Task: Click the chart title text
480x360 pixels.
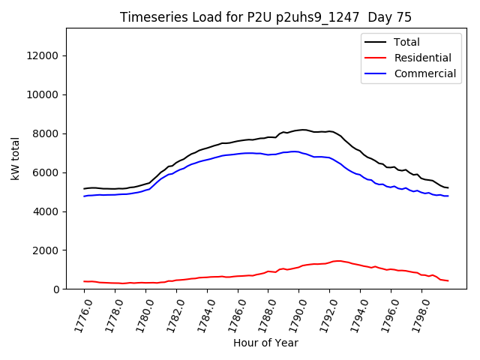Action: pos(265,17)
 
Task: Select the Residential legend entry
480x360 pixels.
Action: pos(422,58)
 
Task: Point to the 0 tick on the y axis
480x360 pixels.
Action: pos(56,289)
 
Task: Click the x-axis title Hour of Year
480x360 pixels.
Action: pos(265,343)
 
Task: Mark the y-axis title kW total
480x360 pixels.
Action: pos(15,158)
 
